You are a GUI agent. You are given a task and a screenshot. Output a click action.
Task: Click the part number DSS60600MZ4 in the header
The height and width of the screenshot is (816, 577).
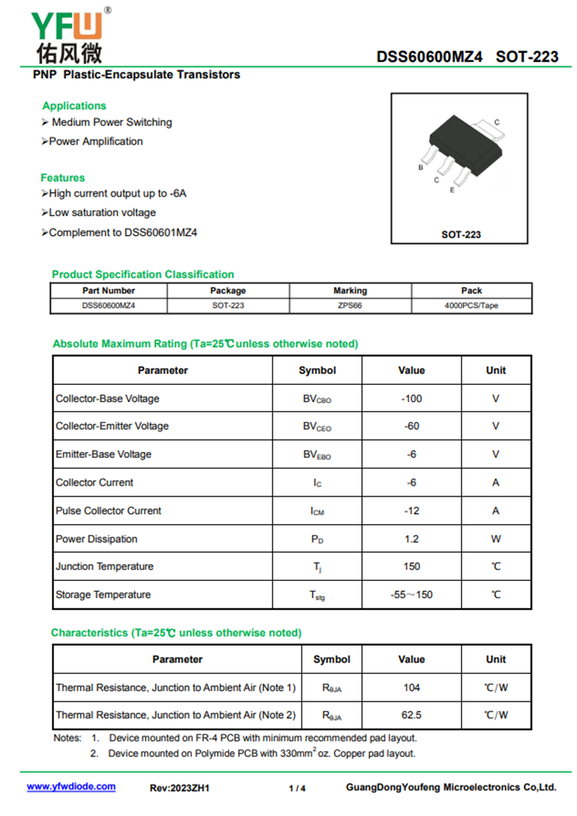pos(429,57)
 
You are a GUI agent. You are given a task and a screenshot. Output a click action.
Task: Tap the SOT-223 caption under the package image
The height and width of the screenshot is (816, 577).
pos(461,234)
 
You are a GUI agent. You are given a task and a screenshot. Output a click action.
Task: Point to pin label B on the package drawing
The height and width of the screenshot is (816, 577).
pos(420,167)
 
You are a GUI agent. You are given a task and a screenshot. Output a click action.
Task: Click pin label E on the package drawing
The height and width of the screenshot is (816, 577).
pos(452,190)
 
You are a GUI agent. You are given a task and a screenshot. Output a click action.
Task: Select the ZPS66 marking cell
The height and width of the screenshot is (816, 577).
pos(350,305)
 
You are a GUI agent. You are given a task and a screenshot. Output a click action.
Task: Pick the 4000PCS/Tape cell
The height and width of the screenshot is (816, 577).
pos(471,305)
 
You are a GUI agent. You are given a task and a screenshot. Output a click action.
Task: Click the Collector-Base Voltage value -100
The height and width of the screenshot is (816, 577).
pos(411,399)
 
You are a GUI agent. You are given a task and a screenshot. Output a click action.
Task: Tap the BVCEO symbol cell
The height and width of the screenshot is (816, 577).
pos(317,427)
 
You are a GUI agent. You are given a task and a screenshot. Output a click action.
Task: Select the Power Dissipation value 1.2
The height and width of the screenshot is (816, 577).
pos(411,538)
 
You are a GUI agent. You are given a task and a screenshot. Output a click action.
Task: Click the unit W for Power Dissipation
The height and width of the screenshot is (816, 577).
pos(495,538)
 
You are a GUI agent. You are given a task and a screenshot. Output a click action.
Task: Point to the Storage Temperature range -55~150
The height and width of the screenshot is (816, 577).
pos(411,595)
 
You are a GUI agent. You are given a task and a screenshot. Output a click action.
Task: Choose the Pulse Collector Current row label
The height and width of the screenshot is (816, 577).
pos(108,510)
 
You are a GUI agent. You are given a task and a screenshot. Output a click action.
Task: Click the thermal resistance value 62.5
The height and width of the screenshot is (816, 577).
pos(411,715)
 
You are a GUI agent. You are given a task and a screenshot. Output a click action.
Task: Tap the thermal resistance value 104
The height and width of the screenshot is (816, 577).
pos(411,688)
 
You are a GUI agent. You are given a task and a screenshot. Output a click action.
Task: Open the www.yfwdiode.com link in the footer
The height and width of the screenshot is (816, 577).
pos(71,786)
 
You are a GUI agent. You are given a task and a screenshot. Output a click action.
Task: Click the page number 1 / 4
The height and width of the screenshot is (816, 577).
pos(297,788)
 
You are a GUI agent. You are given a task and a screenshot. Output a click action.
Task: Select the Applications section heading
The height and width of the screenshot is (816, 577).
pos(74,106)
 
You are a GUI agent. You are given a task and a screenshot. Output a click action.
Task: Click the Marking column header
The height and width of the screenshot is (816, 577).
pos(350,291)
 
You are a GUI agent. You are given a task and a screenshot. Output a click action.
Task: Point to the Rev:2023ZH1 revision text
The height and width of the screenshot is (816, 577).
pos(179,788)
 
